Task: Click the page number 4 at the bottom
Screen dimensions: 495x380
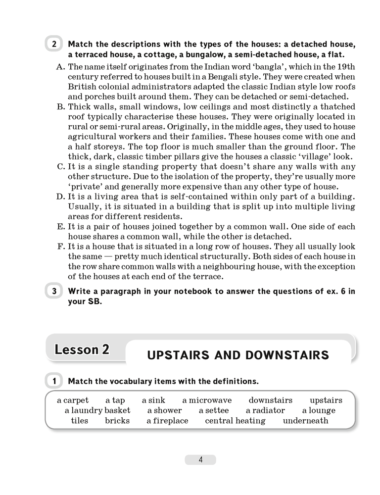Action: [x=200, y=459]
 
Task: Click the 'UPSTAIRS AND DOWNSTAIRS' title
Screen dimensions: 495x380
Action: [x=238, y=355]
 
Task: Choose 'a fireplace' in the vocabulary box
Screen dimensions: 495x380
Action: [x=167, y=421]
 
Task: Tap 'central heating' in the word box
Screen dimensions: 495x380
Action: [x=235, y=421]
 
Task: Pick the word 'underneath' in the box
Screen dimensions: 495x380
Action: [x=305, y=421]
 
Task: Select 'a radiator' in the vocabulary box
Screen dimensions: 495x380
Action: [x=265, y=410]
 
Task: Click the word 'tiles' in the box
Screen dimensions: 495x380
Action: [x=79, y=421]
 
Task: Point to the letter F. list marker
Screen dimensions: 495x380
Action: [x=61, y=247]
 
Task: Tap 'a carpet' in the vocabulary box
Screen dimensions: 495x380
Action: [x=73, y=400]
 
